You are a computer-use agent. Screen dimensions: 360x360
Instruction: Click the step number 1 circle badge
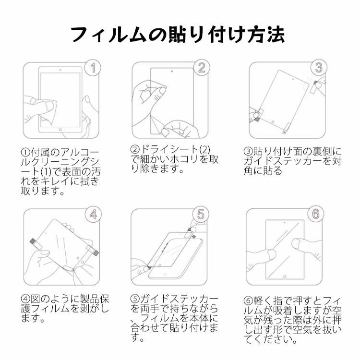pos(93,68)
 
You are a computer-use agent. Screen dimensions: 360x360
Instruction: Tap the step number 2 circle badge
pos(201,68)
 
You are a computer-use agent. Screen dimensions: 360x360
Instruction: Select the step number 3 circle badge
pos(319,68)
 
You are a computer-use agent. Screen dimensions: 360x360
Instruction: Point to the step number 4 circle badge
pos(93,215)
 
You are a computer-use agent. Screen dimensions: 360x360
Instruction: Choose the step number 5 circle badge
pos(201,214)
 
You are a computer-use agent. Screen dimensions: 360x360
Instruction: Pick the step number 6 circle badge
pos(316,214)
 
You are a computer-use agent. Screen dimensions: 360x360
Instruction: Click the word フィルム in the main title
pos(108,35)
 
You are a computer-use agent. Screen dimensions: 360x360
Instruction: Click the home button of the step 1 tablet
pos(60,130)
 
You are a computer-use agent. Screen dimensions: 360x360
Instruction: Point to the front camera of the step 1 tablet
pos(60,70)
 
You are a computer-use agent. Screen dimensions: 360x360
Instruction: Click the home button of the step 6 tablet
pos(285,276)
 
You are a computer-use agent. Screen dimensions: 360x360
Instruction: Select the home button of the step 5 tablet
pos(165,275)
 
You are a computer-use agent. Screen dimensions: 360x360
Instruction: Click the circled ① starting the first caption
pos(25,152)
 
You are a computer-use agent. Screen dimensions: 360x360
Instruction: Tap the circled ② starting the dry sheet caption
pos(135,149)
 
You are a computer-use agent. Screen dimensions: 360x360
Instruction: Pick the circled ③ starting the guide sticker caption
pos(248,152)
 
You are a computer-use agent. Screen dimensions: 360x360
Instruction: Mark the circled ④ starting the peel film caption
pos(25,299)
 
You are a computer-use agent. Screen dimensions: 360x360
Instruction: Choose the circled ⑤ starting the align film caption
pos(135,299)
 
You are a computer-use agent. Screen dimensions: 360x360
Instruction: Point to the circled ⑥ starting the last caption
pos(248,300)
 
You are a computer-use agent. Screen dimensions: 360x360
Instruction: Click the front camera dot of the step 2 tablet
pos(172,72)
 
